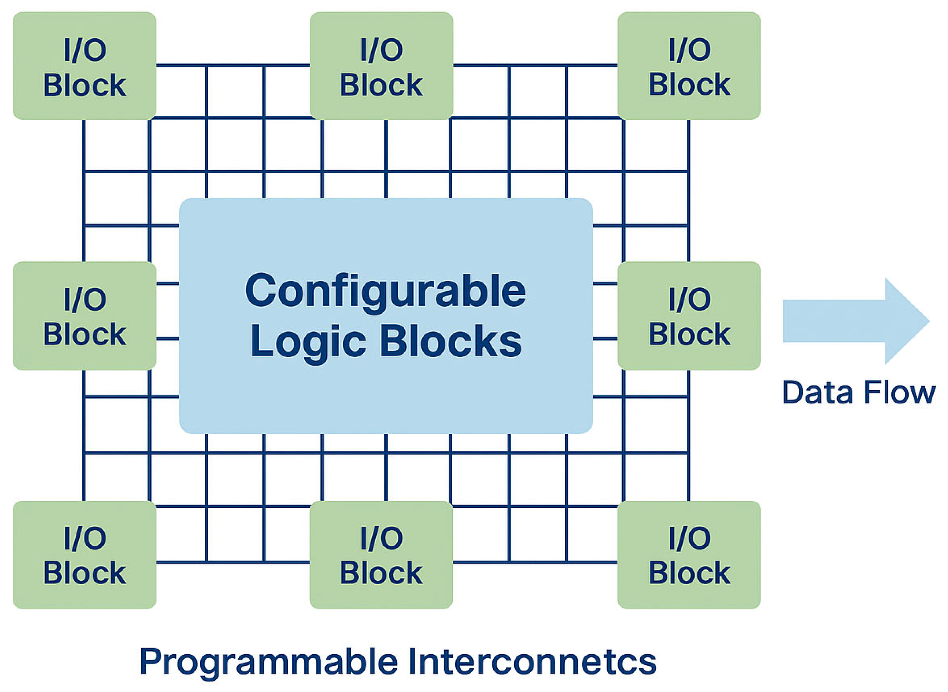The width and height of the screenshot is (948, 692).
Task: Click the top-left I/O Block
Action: tap(84, 66)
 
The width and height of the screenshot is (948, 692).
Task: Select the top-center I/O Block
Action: tap(381, 66)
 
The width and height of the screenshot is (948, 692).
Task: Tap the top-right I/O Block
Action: tap(689, 66)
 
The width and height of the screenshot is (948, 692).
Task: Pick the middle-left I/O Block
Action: tap(84, 316)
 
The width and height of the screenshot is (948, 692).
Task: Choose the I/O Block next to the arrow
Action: tap(689, 316)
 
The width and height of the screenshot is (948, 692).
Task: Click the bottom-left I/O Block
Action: tap(84, 555)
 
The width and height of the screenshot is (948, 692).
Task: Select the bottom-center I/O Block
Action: tap(381, 555)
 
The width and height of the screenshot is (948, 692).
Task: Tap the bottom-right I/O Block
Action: tap(689, 555)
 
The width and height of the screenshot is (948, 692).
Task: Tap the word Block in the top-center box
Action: tap(381, 85)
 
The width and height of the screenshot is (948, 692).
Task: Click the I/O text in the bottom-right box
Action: tap(690, 538)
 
